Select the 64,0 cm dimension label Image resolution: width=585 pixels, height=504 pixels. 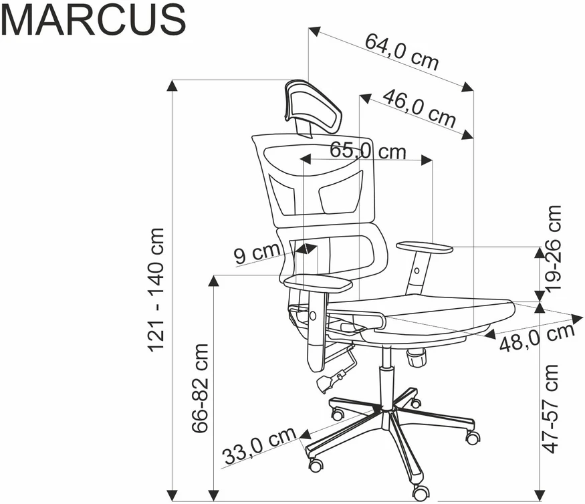coord(401,52)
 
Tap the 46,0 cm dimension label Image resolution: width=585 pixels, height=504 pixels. coord(419,108)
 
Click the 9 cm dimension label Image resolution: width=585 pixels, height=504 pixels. coord(257,254)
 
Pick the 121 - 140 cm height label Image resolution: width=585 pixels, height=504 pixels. coord(156,289)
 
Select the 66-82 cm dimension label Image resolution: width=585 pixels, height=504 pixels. coord(200,388)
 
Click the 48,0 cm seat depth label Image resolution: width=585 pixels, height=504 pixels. coord(537,338)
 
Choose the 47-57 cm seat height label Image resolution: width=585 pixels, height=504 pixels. coord(552,409)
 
